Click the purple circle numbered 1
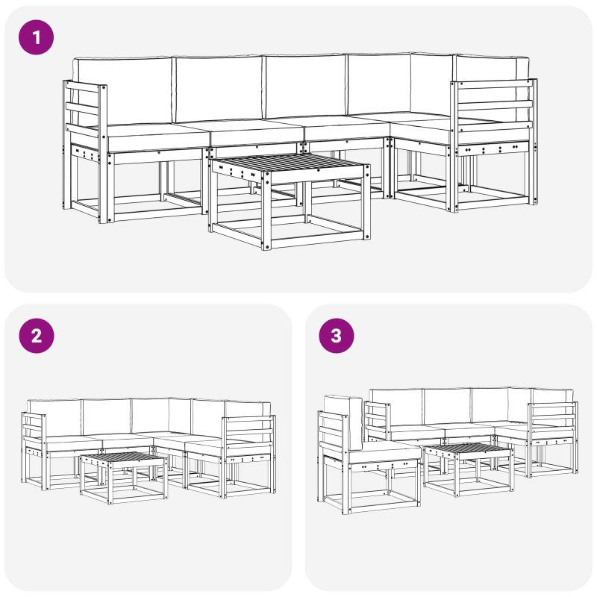click(36, 37)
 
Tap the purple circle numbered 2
click(37, 335)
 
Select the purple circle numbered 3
click(337, 335)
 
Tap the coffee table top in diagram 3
click(469, 448)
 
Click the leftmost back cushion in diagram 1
click(122, 90)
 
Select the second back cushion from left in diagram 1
click(218, 89)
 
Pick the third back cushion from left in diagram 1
click(305, 87)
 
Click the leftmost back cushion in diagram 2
click(55, 419)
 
